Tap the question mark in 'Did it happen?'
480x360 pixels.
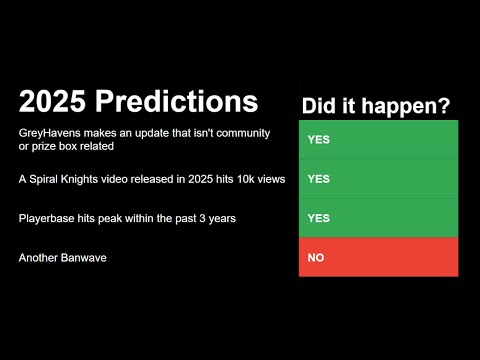tap(442, 105)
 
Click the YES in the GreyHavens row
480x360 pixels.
tap(318, 139)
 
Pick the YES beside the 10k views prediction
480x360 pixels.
tap(318, 179)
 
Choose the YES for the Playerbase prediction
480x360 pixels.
tap(318, 218)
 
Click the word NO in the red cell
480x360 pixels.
tap(315, 258)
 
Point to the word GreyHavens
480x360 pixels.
tap(50, 133)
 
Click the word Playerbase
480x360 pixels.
tap(48, 218)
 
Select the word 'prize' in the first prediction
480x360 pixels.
tap(44, 147)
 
